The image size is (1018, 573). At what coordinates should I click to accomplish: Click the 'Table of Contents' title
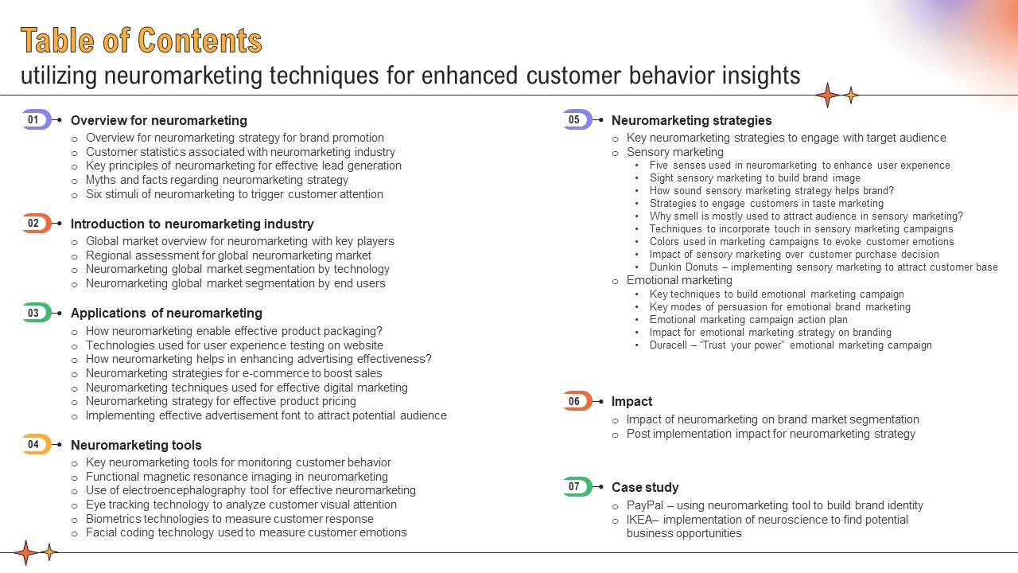[141, 41]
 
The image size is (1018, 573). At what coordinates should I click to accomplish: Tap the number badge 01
[34, 120]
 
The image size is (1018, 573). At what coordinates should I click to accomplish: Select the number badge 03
[34, 313]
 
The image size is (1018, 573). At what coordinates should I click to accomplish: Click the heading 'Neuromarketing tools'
[136, 445]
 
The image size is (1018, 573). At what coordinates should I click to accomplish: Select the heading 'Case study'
[645, 487]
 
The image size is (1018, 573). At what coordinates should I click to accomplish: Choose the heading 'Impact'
[631, 401]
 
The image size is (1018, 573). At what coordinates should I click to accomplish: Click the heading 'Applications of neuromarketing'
[166, 313]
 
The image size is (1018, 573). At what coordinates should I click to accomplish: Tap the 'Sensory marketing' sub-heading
[675, 152]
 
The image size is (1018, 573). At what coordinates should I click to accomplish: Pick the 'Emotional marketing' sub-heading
[679, 280]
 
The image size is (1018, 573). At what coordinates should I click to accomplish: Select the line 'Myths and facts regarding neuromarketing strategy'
[217, 180]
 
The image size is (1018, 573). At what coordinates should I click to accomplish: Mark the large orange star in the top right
[827, 95]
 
